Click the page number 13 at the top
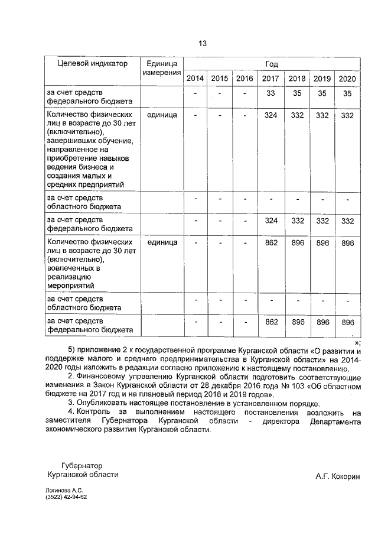tap(202, 44)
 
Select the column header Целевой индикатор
tap(92, 64)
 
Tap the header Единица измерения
tap(161, 68)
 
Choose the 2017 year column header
tap(271, 79)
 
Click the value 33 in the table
tap(271, 93)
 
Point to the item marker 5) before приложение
tap(73, 349)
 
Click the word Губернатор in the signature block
tap(83, 465)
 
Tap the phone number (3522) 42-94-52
tap(66, 498)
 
